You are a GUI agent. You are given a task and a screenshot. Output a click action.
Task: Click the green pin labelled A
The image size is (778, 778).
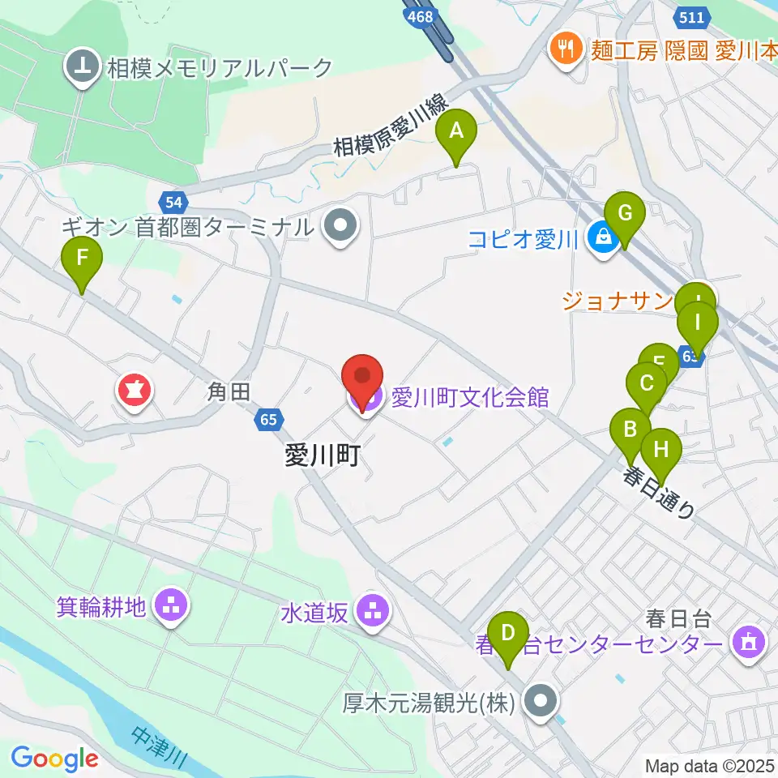click(456, 132)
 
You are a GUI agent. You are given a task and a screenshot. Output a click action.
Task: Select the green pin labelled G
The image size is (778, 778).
click(625, 215)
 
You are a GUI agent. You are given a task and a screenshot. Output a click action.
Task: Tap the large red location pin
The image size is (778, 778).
click(362, 379)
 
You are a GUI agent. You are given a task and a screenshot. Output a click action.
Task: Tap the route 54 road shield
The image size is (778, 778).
click(172, 202)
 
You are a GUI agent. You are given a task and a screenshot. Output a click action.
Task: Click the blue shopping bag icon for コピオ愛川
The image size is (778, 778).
click(603, 238)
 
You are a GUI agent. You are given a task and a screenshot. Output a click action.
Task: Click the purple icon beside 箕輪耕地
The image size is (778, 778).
click(171, 605)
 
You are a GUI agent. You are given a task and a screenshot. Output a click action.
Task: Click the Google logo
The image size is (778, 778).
click(54, 759)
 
